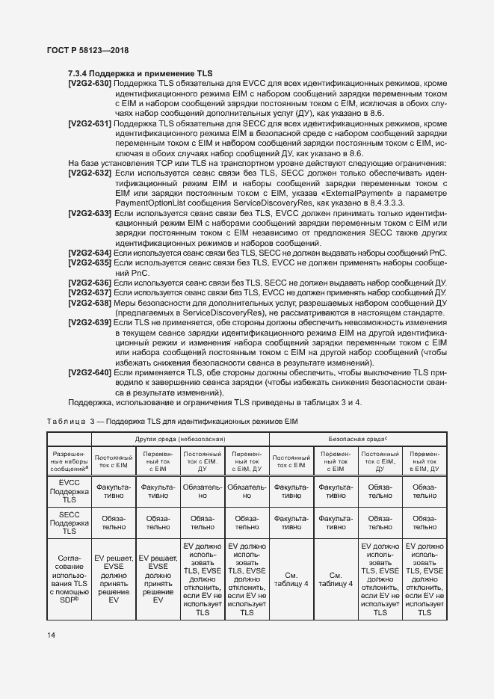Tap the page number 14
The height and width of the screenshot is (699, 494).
tap(52, 635)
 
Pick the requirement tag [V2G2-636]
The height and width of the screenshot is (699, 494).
tap(90, 282)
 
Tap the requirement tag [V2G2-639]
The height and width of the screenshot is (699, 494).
tap(90, 321)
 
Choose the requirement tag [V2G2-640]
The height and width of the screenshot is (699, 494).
tap(90, 372)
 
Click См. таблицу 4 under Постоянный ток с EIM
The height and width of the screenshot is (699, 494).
tap(291, 579)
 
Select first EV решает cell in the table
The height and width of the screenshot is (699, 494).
tap(114, 579)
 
